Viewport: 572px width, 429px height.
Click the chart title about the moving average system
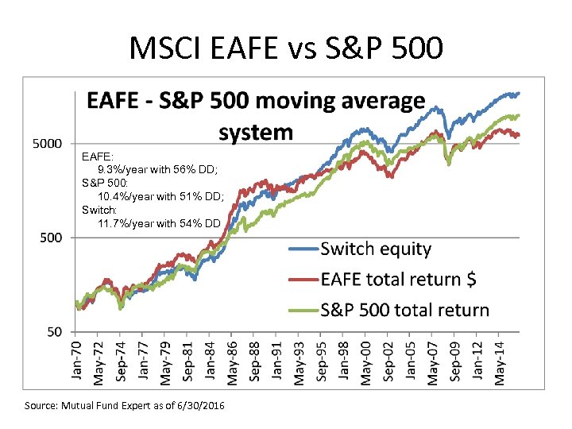[x=255, y=116]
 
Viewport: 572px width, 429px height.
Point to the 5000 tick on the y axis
[x=46, y=144]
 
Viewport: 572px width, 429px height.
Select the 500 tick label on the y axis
[x=50, y=238]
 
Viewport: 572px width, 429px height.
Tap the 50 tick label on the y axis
[x=54, y=331]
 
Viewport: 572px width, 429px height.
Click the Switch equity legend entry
[x=375, y=249]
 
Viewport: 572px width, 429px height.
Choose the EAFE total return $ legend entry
[x=398, y=280]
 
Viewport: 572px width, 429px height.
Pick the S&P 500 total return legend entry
[x=404, y=310]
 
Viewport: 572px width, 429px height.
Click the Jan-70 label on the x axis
[x=78, y=361]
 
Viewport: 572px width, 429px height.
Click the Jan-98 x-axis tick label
[x=344, y=361]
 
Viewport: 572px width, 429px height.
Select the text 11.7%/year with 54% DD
[x=159, y=223]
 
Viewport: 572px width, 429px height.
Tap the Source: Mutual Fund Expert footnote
[x=125, y=406]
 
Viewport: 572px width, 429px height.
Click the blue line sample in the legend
[x=302, y=250]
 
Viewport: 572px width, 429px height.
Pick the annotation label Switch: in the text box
[x=99, y=210]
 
